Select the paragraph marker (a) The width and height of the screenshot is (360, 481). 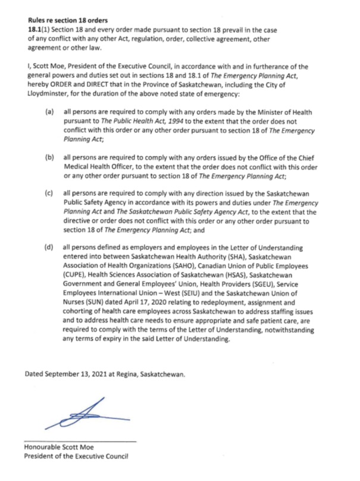pyautogui.click(x=49, y=113)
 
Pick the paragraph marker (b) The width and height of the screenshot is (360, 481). pyautogui.click(x=49, y=157)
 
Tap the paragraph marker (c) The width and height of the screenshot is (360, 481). pyautogui.click(x=49, y=193)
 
